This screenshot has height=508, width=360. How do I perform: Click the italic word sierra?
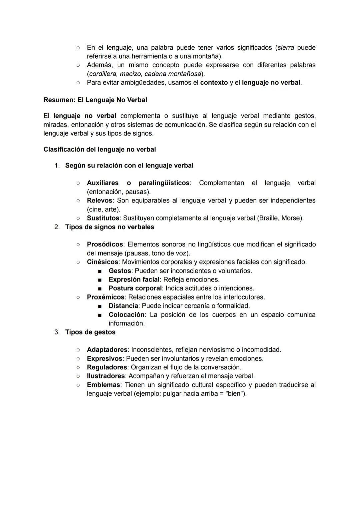coord(286,48)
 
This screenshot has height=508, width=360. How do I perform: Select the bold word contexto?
coord(214,82)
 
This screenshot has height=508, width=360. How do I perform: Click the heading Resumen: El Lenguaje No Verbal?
coord(95,100)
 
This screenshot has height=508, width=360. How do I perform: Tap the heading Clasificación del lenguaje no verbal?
coord(99,150)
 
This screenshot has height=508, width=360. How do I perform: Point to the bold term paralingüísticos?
coord(164,183)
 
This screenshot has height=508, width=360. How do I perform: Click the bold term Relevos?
coord(100,201)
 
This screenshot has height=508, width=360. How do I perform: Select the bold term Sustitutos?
coord(103,218)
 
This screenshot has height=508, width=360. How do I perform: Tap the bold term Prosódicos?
coord(105,245)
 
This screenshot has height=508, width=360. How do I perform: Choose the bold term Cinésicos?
coord(102,262)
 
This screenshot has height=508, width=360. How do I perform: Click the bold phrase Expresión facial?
coord(134,279)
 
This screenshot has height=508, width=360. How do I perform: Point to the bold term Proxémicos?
coord(106,297)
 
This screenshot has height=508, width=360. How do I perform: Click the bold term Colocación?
coord(126,315)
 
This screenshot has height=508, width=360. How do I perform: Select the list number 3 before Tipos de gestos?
coord(57,332)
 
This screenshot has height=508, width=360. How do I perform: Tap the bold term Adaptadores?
coord(107,350)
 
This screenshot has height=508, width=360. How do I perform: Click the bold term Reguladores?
coord(107,367)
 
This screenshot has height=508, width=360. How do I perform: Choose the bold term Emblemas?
coord(103,385)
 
